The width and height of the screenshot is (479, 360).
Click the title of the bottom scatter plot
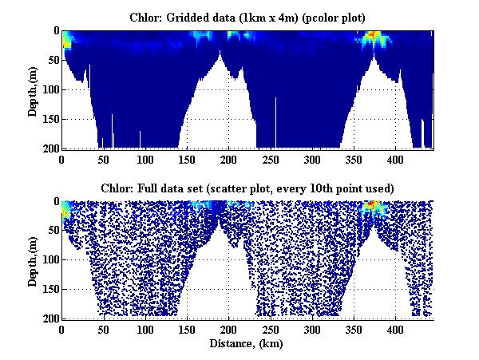(247, 188)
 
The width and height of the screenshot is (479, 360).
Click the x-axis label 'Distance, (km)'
(247, 344)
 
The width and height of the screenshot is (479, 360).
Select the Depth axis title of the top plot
(34, 89)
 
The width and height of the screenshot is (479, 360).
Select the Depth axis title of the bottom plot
(34, 260)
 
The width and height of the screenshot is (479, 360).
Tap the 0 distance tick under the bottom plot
(62, 329)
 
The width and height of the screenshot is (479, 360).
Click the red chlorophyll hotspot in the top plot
(373, 36)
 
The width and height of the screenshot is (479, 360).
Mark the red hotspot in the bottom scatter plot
(372, 207)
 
